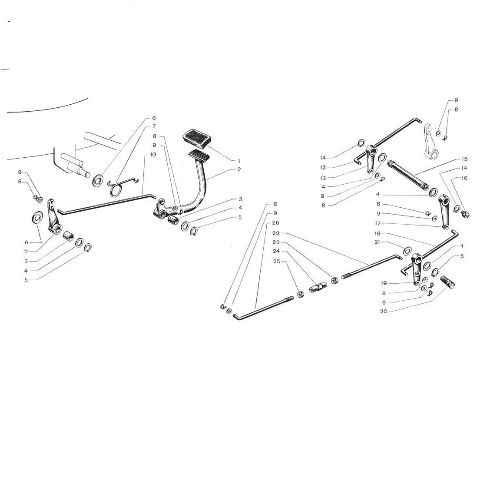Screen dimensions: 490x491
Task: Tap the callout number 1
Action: (239, 161)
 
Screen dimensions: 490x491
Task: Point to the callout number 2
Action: (239, 169)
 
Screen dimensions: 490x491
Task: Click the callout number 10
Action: (153, 155)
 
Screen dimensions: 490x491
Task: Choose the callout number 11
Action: (26, 252)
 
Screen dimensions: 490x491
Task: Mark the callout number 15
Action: (464, 159)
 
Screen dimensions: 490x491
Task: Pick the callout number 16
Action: (464, 178)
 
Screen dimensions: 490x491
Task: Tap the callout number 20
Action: (384, 311)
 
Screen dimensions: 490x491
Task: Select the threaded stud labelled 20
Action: (447, 282)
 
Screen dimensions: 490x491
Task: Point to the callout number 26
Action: (275, 223)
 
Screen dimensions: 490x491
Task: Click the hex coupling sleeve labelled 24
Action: (318, 287)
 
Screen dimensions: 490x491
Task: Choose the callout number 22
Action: (275, 233)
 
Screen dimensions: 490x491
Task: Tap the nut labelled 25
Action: (300, 295)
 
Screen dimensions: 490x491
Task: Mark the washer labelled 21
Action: (407, 251)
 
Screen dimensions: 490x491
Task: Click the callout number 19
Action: (384, 283)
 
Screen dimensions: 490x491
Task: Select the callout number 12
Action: (323, 168)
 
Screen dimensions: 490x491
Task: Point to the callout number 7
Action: (154, 126)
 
